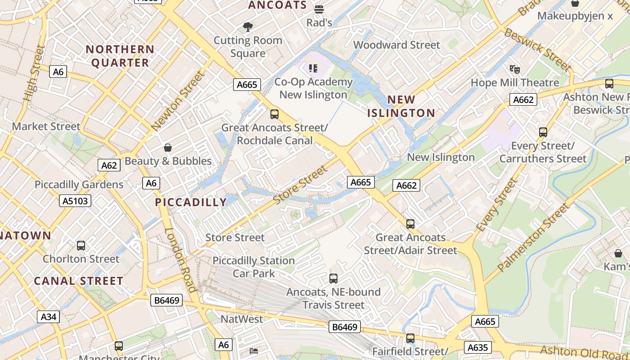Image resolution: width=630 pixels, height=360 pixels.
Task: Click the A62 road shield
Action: coord(109,165)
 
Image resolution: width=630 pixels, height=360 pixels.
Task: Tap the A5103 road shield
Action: coord(75,201)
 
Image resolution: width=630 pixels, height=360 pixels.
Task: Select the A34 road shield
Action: coord(49,317)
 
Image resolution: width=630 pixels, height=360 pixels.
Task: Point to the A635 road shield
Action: coord(477,347)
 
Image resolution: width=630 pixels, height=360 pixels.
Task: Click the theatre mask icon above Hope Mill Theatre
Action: coord(515,69)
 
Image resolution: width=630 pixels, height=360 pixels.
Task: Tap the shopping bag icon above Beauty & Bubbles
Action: coord(168,148)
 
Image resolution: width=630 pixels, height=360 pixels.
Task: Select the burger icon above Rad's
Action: coord(319,9)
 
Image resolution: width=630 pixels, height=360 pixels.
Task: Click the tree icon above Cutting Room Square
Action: coord(247,27)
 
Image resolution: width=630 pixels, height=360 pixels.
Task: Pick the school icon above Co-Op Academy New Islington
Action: coord(313,68)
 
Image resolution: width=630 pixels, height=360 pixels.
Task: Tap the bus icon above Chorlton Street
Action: coord(81,246)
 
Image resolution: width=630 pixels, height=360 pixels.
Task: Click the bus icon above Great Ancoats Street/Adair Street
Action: coord(410,224)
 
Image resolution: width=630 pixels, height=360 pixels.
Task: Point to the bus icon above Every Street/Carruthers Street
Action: coord(543,132)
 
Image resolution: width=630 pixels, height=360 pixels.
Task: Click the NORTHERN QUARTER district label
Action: coord(120,56)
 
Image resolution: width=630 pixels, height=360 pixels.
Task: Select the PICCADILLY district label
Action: coord(191,202)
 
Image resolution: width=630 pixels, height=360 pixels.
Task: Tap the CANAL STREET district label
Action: coord(79,281)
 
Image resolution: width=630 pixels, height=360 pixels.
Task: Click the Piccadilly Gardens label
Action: coord(79,184)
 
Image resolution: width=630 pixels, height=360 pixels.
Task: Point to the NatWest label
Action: coord(242,319)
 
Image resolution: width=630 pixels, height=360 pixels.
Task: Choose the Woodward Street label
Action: coord(396,45)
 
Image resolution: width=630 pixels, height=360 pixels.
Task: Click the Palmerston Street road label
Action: coord(534,238)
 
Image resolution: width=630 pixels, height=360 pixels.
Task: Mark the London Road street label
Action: coord(180,260)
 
